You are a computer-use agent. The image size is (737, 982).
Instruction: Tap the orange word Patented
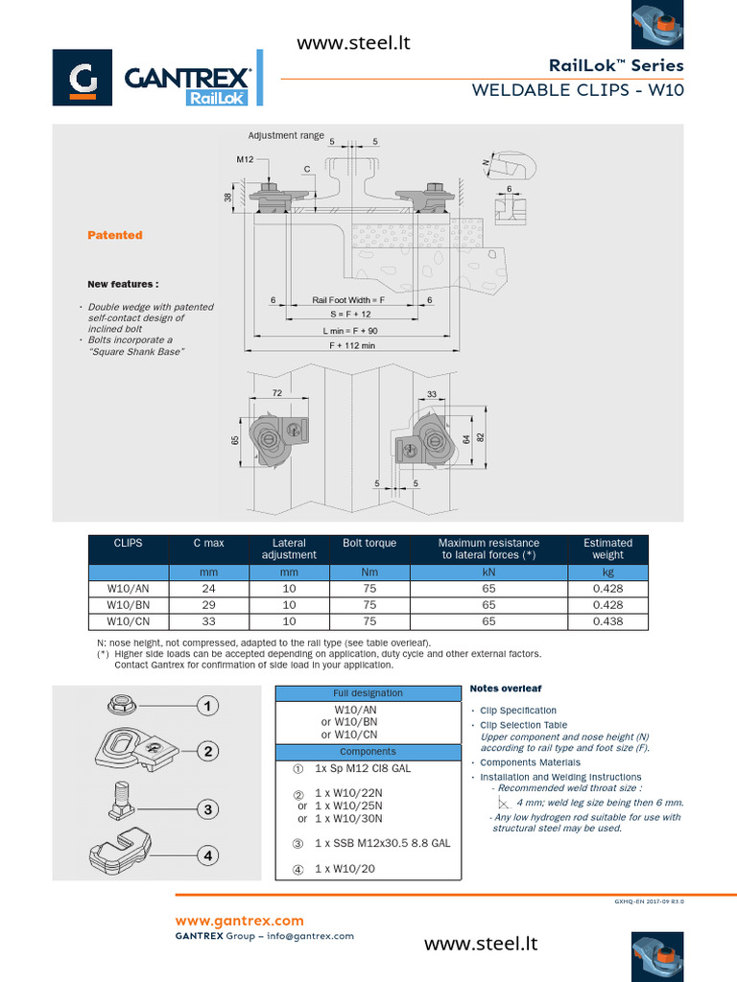[x=115, y=235]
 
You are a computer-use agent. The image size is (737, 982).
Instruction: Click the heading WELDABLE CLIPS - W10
[x=578, y=90]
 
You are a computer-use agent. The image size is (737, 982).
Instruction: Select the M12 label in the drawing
[x=245, y=159]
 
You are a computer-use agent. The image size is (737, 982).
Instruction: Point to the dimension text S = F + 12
[x=350, y=315]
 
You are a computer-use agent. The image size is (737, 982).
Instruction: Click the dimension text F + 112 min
[x=352, y=345]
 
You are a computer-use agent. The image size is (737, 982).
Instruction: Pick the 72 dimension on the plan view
[x=276, y=394]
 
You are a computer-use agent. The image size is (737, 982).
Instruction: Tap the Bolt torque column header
[x=369, y=544]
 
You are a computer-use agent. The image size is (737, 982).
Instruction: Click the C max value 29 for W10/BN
[x=208, y=605]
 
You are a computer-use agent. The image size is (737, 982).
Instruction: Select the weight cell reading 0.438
[x=607, y=621]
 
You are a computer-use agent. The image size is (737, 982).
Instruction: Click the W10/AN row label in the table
[x=128, y=589]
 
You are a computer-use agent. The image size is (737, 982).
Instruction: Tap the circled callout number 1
[x=205, y=707]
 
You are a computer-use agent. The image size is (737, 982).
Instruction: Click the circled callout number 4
[x=205, y=854]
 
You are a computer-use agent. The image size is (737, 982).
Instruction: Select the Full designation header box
[x=368, y=693]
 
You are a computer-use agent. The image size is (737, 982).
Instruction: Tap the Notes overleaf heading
[x=506, y=689]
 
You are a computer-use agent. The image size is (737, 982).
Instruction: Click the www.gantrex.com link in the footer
[x=239, y=921]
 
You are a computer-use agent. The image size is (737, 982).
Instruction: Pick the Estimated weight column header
[x=607, y=549]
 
